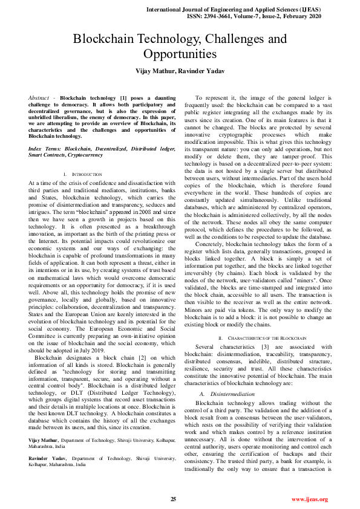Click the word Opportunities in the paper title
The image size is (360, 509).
click(x=180, y=54)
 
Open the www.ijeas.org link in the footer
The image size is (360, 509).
click(x=309, y=499)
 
